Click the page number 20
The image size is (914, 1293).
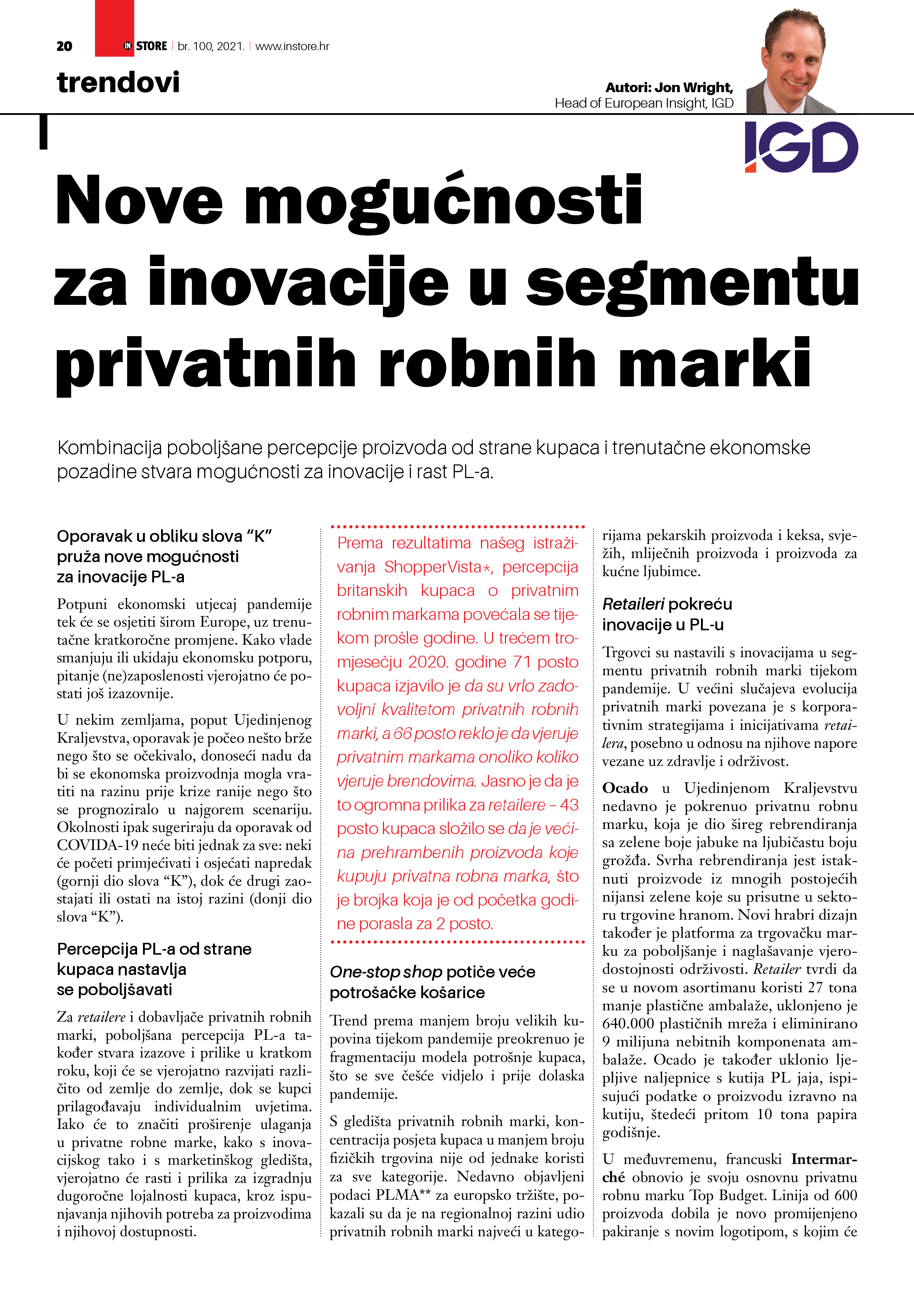pos(64,46)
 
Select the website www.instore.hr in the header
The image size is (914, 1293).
pos(292,46)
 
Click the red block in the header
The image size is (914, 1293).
pos(114,28)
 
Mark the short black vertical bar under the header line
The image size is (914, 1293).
pos(43,132)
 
